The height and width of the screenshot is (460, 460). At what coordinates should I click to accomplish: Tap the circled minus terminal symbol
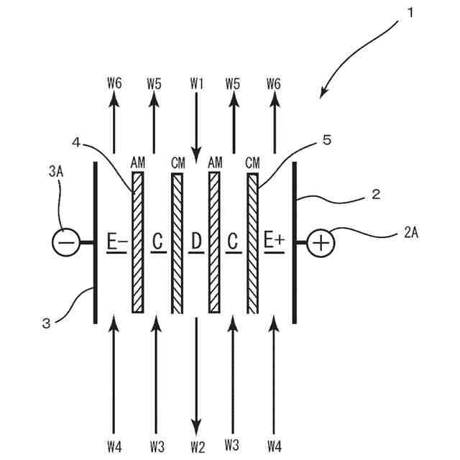pyautogui.click(x=65, y=242)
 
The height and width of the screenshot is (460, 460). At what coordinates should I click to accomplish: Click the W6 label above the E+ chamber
pyautogui.click(x=273, y=83)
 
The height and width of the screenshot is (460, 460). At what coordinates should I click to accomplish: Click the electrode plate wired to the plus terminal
pyautogui.click(x=294, y=243)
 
